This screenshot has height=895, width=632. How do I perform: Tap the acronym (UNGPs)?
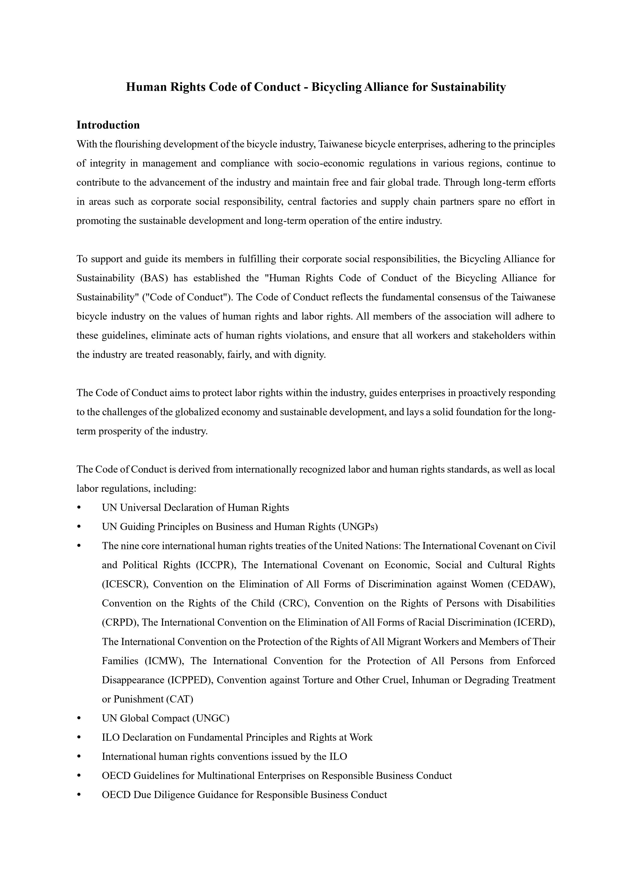click(x=358, y=527)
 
